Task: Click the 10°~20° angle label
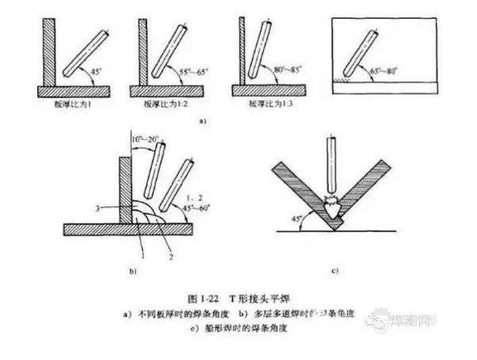point(146,140)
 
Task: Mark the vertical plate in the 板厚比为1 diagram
point(49,52)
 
